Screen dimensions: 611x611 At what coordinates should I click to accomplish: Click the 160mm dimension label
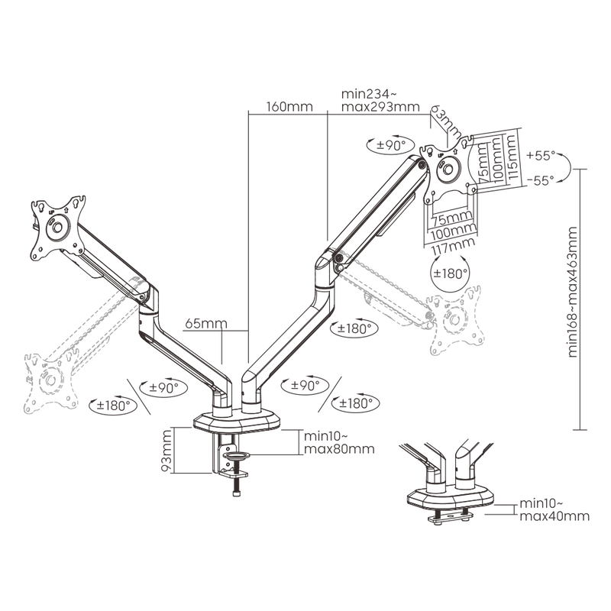tap(289, 106)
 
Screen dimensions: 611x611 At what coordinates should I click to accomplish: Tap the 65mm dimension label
tap(205, 323)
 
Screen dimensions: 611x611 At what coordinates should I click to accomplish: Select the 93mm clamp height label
tap(166, 451)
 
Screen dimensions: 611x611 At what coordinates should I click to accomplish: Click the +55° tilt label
tap(540, 156)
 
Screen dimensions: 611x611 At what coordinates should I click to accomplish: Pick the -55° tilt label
tap(540, 181)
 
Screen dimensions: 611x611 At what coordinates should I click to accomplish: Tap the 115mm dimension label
tap(512, 157)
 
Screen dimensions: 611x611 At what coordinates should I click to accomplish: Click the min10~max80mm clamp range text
tap(339, 442)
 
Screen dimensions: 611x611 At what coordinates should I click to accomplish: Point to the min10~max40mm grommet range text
tap(554, 510)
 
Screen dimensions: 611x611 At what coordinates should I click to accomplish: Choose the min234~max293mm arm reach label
tap(380, 100)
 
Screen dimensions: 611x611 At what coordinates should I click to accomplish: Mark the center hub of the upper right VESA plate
tap(448, 169)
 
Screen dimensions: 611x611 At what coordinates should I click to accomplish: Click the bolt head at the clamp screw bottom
tap(237, 494)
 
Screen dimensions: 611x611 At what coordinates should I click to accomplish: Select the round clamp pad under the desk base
tap(237, 455)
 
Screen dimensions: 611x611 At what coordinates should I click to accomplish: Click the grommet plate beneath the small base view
tap(450, 518)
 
